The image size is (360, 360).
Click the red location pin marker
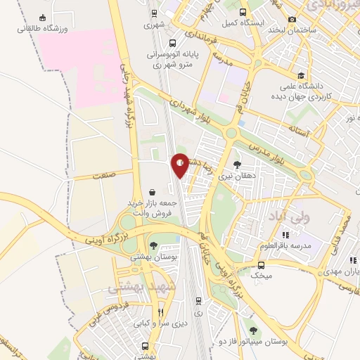181,165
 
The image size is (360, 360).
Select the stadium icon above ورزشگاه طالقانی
44,18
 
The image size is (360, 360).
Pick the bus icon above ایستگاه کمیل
243,11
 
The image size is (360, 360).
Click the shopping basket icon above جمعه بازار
153,191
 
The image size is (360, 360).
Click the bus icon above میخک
262,265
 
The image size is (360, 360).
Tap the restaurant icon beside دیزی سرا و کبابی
161,312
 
